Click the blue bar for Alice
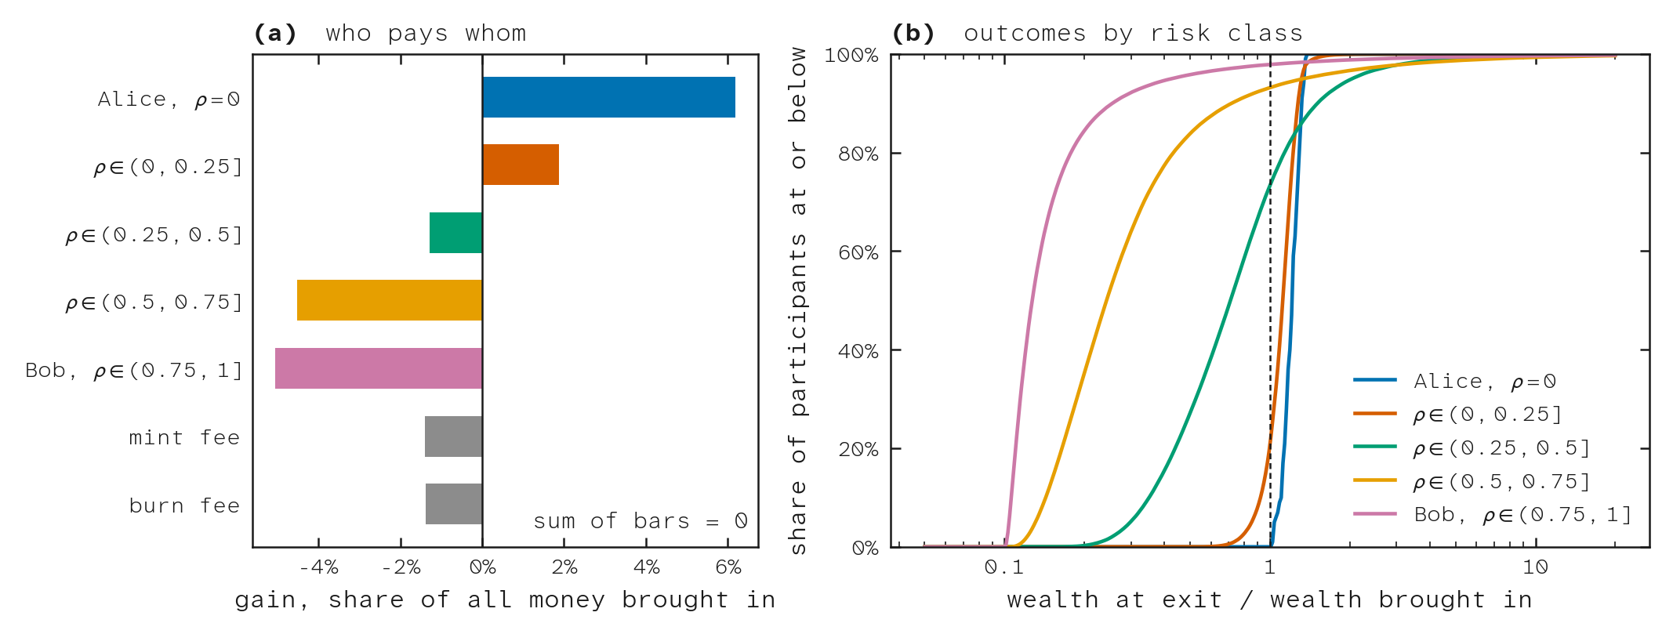pos(609,97)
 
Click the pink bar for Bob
pos(379,368)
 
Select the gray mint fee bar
pos(454,437)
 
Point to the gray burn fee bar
pos(454,504)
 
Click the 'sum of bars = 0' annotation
pos(641,521)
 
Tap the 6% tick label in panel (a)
pos(728,567)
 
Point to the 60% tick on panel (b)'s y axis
pos(858,252)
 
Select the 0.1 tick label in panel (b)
pos(1004,567)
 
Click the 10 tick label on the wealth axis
pos(1535,567)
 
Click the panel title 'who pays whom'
pos(426,33)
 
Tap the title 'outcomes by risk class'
pos(1133,33)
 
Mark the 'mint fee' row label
pos(184,437)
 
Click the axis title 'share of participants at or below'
pos(797,300)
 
